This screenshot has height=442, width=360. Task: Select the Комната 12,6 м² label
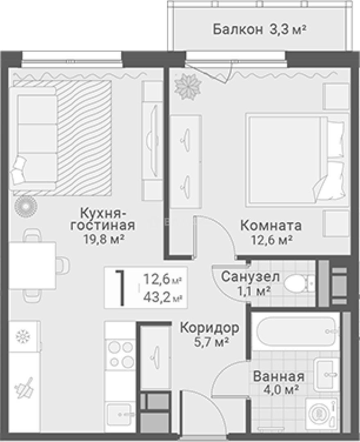(271, 232)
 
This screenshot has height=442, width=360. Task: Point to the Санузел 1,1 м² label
(250, 283)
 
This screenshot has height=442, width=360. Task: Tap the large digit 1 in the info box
(120, 288)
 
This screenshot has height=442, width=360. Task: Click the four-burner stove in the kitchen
(120, 354)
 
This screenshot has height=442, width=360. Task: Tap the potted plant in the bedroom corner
(188, 85)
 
